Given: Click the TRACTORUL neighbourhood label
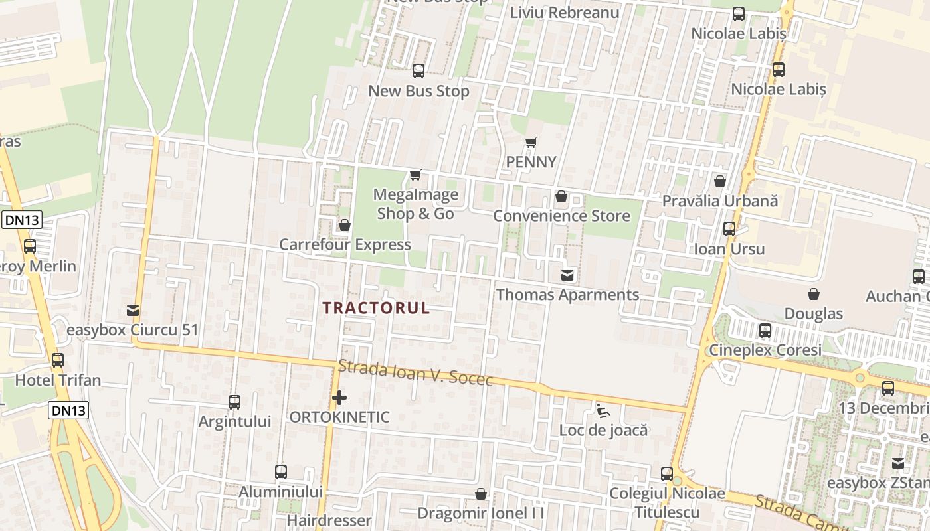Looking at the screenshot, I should (377, 308).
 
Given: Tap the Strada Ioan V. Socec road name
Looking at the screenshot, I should (416, 372).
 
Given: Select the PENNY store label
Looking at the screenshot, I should (531, 162).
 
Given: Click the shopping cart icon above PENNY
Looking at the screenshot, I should (531, 142).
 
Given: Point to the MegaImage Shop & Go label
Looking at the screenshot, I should (416, 204).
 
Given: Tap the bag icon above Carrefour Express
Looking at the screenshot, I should (344, 225).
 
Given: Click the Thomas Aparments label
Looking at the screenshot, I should (567, 295).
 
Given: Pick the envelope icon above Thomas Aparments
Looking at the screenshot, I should (567, 275).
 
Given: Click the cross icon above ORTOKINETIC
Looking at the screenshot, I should (339, 398).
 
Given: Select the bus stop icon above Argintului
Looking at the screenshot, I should (234, 402).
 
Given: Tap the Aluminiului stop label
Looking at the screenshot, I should (280, 492).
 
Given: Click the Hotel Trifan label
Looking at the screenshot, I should (58, 380).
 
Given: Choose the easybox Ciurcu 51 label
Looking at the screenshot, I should (133, 330).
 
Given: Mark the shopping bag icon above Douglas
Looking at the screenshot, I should (813, 294).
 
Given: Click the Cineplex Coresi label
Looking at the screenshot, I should (765, 350).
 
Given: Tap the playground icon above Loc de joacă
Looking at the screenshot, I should (603, 411).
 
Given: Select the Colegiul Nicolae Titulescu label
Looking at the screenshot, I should (667, 502).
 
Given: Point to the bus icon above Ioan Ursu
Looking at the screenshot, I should (729, 229).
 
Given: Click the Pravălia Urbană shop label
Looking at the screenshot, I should (719, 201).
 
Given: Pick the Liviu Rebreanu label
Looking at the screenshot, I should (565, 13).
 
